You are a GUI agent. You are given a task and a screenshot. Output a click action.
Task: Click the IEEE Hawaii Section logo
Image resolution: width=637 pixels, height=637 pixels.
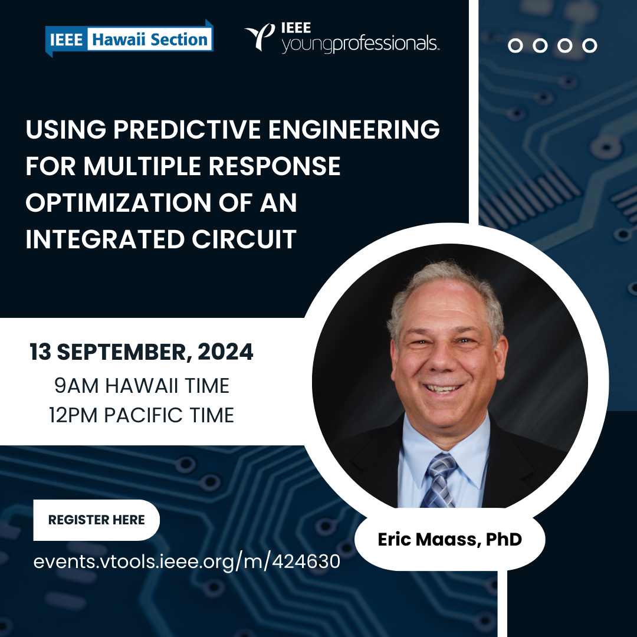pos(129,39)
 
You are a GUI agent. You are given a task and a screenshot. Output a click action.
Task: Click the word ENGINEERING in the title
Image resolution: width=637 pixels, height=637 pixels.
pos(354,129)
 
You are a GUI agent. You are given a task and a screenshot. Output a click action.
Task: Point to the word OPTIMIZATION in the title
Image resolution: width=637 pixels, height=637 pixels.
pos(119,202)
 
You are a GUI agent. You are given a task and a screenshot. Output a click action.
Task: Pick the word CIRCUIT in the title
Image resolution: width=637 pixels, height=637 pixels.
pos(244,239)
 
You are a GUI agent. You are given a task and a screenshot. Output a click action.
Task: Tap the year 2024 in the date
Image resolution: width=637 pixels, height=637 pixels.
pos(225,352)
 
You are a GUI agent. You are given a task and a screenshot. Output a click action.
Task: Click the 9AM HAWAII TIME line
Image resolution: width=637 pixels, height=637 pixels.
pos(142,386)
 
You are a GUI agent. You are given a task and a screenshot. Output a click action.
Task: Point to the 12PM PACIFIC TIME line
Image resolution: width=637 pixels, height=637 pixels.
pos(142,415)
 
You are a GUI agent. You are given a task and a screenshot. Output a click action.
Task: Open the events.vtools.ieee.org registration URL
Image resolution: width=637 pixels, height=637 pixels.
pos(187,562)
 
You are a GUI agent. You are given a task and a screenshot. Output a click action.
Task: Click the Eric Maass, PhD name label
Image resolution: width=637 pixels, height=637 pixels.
pos(449,540)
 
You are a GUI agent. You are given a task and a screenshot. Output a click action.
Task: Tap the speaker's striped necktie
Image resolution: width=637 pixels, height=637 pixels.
pos(441,481)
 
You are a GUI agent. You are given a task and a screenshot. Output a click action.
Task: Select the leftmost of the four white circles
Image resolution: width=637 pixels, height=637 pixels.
pos(515,45)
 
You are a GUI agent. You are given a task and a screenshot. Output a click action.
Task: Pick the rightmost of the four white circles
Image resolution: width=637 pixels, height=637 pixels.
pos(589,45)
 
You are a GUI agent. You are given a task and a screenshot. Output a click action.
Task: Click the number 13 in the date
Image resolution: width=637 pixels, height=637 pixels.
pos(40,352)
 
